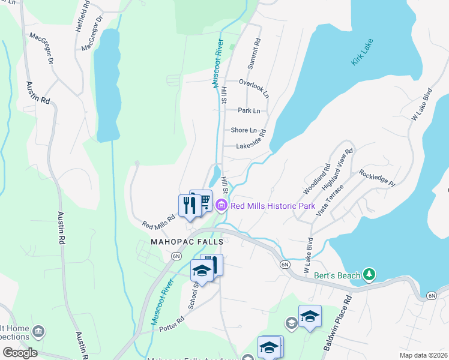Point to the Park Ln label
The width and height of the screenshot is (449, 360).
pyautogui.click(x=249, y=110)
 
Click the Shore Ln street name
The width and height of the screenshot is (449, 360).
pyautogui.click(x=244, y=130)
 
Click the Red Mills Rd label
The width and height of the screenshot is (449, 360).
pyautogui.click(x=158, y=222)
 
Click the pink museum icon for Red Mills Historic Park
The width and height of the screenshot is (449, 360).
pyautogui.click(x=221, y=206)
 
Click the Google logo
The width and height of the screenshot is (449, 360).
pyautogui.click(x=20, y=352)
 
